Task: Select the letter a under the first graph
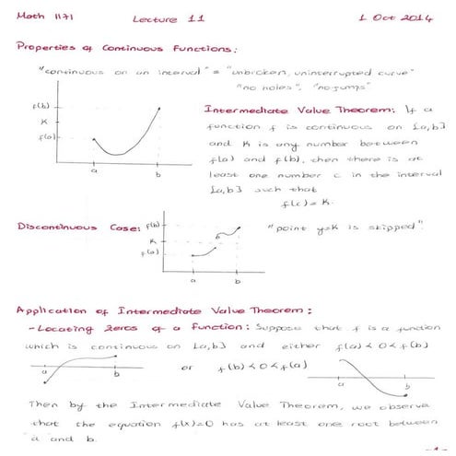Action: (95, 170)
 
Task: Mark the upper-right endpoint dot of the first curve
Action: (160, 109)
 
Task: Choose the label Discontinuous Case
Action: (76, 227)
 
